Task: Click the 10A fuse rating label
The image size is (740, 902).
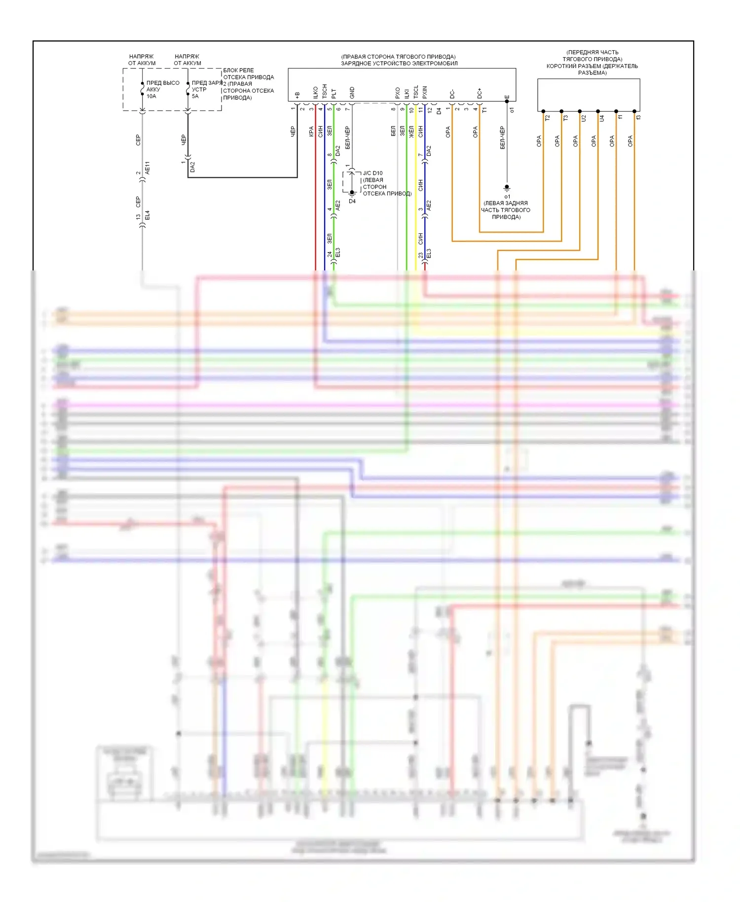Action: click(x=151, y=96)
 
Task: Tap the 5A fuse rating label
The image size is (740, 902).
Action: click(x=195, y=96)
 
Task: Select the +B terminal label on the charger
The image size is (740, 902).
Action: click(x=297, y=94)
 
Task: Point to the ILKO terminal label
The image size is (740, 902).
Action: click(x=315, y=92)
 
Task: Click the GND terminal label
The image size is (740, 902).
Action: click(x=352, y=92)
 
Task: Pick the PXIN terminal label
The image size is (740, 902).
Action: click(x=425, y=92)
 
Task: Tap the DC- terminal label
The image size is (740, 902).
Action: click(x=452, y=94)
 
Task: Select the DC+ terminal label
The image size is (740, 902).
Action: click(x=480, y=93)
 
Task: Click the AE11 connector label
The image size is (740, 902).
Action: click(x=147, y=168)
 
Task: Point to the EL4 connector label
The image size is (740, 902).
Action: click(x=147, y=215)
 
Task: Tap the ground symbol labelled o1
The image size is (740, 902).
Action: click(x=507, y=188)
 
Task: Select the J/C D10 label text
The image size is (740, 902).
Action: click(x=372, y=173)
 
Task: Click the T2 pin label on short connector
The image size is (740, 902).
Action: click(x=547, y=118)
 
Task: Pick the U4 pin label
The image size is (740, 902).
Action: click(x=602, y=118)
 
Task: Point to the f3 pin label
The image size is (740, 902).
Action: click(x=638, y=117)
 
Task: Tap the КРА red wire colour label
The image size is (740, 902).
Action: click(x=311, y=131)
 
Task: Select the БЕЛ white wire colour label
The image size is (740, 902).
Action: click(x=393, y=131)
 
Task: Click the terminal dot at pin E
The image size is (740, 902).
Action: click(x=507, y=102)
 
